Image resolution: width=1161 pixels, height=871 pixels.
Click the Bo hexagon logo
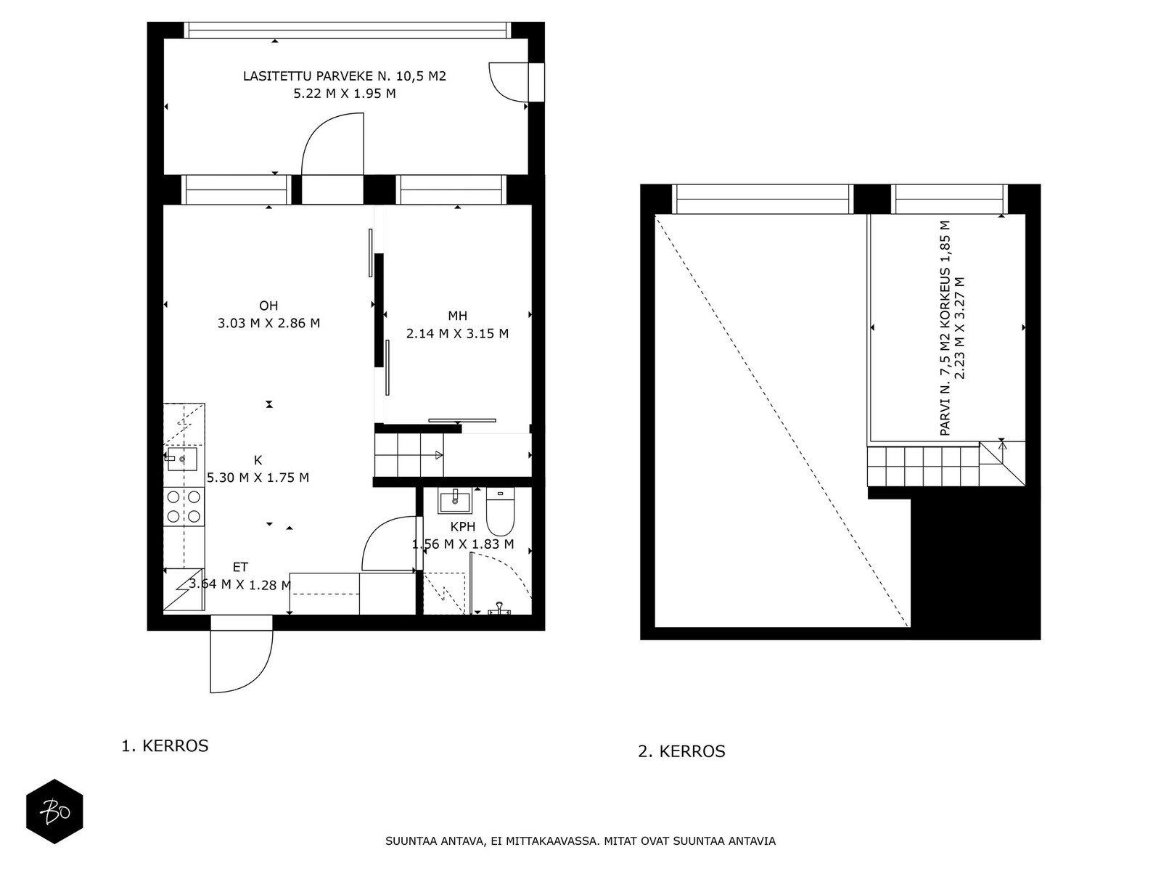54,811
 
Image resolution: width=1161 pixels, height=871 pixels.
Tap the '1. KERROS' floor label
165,745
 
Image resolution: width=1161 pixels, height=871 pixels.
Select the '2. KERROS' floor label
681,751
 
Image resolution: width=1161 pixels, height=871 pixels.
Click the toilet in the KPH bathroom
500,512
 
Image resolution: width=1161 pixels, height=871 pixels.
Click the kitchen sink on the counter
182,459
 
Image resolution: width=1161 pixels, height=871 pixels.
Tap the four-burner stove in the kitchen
184,506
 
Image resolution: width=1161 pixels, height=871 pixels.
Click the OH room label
268,306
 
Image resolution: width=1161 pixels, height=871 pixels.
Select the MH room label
458,316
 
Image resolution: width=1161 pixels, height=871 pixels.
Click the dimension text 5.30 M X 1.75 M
258,478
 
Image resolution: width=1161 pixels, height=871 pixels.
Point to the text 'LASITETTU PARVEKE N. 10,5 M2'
345,76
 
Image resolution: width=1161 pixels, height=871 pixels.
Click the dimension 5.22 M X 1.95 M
345,94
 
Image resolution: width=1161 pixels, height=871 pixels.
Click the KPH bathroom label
463,527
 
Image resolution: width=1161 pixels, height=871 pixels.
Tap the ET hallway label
240,568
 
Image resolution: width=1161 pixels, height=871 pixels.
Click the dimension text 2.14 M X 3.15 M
458,334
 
